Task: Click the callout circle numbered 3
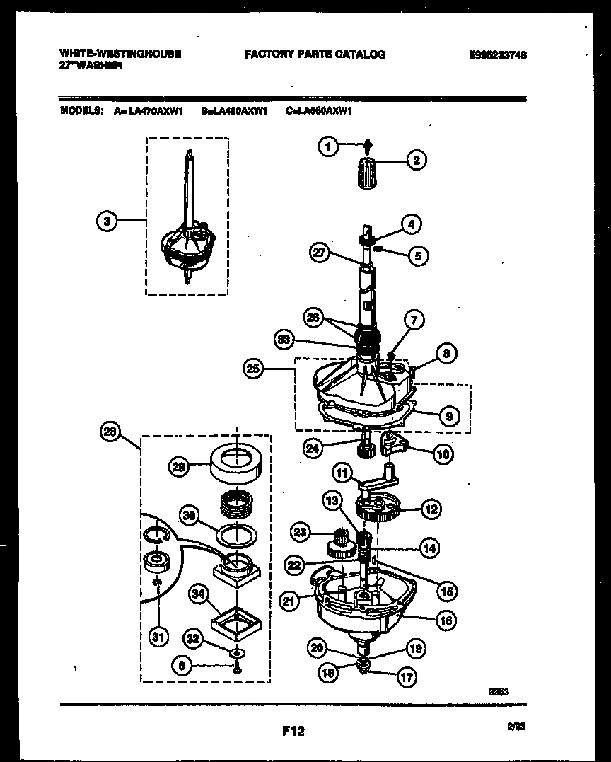click(x=106, y=221)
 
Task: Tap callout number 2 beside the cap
click(x=416, y=161)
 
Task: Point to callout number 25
click(x=253, y=368)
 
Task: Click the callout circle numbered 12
click(x=431, y=508)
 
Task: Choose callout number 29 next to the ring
click(x=180, y=466)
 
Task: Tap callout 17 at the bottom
click(x=407, y=677)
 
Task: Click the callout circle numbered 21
click(x=289, y=601)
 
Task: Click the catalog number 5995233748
click(x=498, y=54)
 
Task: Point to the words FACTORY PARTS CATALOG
click(x=315, y=54)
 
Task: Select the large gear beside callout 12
click(x=378, y=508)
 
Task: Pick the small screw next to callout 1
click(x=368, y=146)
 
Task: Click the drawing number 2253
click(x=499, y=693)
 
